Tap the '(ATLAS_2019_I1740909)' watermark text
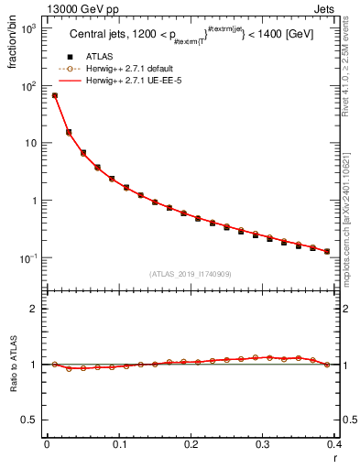click(191, 274)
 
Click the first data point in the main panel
click(54, 95)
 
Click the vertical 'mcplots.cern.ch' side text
click(351, 202)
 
